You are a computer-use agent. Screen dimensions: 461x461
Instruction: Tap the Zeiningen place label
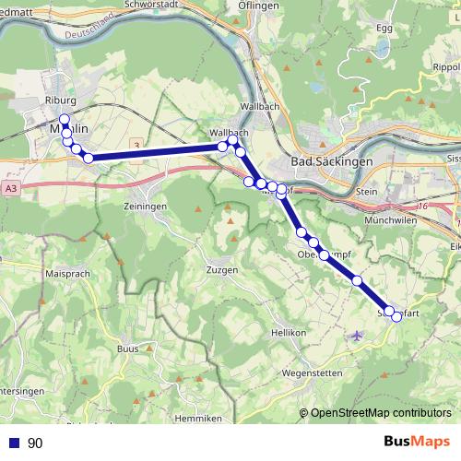tap(145, 207)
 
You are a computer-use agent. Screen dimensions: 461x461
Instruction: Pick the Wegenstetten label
tap(312, 372)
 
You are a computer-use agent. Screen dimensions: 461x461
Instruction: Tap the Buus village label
tap(127, 349)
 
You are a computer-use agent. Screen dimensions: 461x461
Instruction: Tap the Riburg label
tap(59, 100)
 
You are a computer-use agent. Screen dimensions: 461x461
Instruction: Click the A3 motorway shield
tap(10, 189)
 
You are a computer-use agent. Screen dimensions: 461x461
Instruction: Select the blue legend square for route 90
tap(13, 443)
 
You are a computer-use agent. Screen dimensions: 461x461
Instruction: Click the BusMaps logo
tap(417, 443)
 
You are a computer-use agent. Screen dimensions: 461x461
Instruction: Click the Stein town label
tap(366, 193)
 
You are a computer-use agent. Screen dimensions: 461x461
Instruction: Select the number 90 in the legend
tap(35, 443)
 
